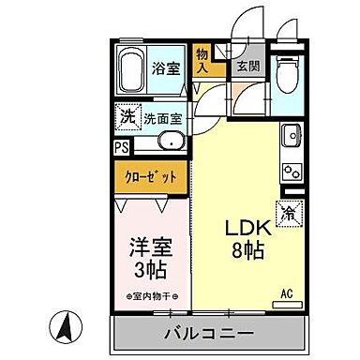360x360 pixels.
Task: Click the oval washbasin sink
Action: point(170,143)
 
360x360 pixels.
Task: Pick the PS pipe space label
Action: point(121,147)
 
